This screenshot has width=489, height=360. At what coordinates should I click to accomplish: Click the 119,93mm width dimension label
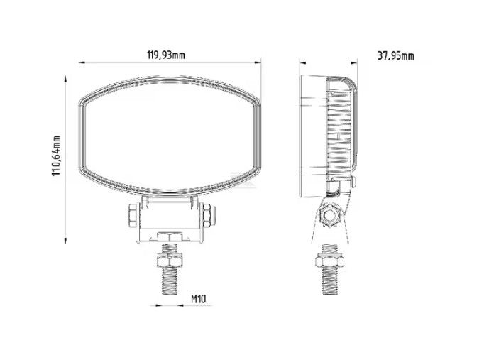pos(166,55)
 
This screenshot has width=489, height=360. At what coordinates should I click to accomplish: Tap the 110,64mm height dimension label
pos(56,156)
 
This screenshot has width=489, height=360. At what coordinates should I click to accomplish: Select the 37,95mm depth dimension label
pos(396,56)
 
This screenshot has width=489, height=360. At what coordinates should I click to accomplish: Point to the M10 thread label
pos(198,299)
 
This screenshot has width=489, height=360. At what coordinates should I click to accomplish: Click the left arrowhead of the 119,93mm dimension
pos(82,62)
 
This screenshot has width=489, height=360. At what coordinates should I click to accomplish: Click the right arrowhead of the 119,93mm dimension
pos(258,62)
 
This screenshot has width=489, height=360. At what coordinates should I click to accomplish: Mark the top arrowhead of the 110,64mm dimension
pos(65,79)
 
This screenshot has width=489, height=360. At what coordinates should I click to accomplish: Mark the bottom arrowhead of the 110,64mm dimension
pos(65,240)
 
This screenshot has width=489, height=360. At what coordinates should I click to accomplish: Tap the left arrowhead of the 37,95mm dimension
pos(302,62)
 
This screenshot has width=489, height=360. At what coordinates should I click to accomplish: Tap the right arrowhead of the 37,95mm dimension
pos(354,62)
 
